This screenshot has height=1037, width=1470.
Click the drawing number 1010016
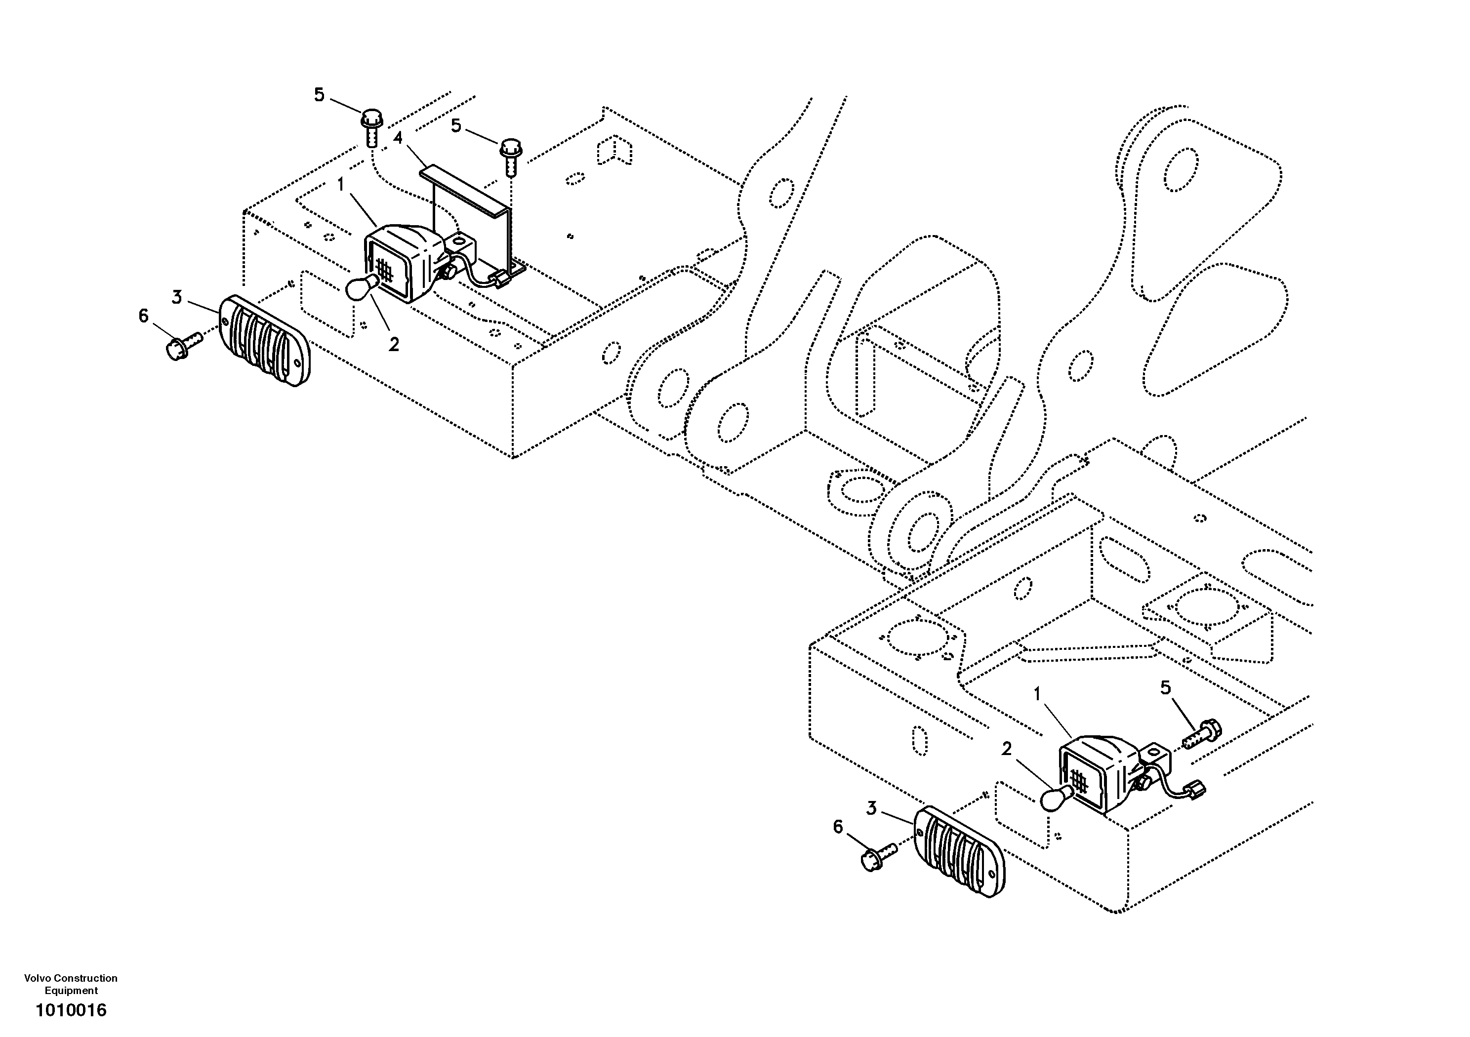(71, 1010)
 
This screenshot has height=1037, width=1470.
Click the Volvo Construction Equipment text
(71, 984)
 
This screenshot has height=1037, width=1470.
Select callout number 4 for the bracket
(398, 138)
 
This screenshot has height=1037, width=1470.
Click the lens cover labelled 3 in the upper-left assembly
(264, 341)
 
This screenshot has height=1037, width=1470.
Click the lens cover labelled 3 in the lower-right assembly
(958, 851)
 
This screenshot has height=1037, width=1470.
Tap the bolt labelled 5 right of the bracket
(511, 156)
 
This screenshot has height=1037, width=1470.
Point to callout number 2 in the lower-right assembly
(1007, 749)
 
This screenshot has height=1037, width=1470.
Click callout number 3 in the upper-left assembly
(177, 297)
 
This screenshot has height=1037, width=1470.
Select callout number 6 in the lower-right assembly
(838, 827)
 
